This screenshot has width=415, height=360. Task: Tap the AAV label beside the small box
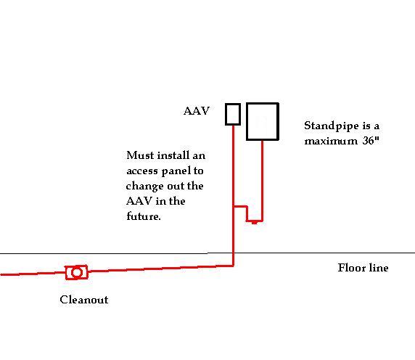click(197, 110)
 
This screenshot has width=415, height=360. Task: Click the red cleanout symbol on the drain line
click(77, 272)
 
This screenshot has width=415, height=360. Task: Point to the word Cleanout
click(84, 300)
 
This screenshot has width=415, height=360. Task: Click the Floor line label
click(363, 268)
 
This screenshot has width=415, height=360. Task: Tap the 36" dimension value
click(371, 140)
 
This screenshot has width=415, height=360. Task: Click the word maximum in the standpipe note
click(331, 141)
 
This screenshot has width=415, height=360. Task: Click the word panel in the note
click(175, 171)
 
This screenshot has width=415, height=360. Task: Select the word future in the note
click(144, 216)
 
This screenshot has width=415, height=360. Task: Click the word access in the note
click(142, 171)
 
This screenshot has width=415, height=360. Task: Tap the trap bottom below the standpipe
click(255, 221)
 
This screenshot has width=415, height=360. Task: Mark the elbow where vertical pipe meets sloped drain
click(233, 265)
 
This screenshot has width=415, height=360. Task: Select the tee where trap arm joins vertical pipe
click(234, 206)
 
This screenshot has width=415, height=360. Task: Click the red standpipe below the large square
click(262, 180)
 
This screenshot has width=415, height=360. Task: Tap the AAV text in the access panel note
click(139, 201)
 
